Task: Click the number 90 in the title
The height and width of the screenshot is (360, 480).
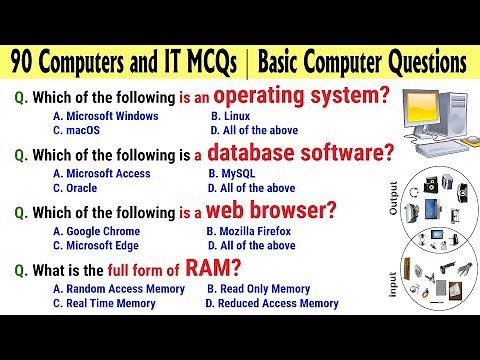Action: [x=27, y=63]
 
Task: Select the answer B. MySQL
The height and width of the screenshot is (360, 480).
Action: [x=232, y=173]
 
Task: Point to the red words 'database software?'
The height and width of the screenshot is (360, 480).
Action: [x=311, y=154]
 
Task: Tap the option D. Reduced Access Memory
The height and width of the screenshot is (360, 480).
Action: [x=278, y=303]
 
